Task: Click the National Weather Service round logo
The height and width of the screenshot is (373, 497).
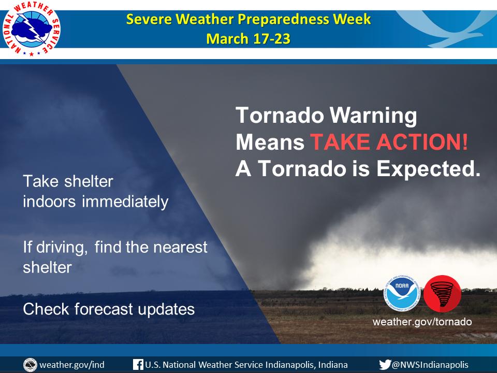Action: click(x=31, y=29)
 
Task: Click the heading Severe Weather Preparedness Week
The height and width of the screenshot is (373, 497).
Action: click(x=248, y=19)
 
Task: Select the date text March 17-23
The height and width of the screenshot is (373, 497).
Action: click(x=248, y=39)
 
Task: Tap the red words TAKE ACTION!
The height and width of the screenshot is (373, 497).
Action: click(x=389, y=142)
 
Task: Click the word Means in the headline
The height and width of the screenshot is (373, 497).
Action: click(x=270, y=142)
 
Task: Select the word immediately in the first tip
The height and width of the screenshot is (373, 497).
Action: click(x=125, y=202)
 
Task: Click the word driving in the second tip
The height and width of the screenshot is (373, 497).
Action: click(x=62, y=248)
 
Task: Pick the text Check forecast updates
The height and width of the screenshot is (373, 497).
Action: click(x=109, y=309)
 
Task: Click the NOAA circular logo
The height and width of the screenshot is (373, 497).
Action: click(x=402, y=293)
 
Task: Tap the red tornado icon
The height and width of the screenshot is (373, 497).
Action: click(x=443, y=294)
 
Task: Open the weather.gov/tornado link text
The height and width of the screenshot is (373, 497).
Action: click(x=422, y=322)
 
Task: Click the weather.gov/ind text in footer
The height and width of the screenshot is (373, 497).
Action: click(x=72, y=365)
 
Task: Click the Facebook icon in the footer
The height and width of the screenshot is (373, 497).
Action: click(x=138, y=365)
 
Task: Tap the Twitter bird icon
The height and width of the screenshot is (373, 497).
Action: click(x=385, y=365)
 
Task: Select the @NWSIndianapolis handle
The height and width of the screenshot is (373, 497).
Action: click(x=430, y=365)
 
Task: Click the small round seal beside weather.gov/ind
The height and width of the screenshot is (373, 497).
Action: click(x=30, y=365)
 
